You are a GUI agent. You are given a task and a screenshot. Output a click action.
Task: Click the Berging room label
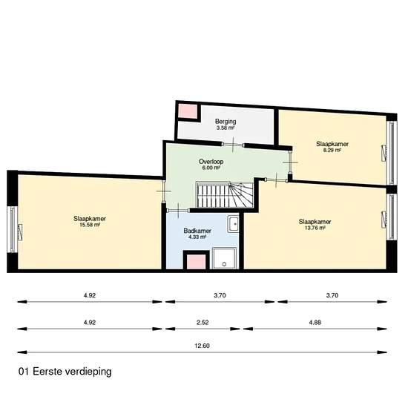226,121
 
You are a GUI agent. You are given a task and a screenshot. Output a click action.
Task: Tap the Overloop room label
211,161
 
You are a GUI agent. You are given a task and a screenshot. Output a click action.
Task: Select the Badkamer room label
197,231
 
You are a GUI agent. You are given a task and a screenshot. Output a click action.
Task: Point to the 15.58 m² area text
90,225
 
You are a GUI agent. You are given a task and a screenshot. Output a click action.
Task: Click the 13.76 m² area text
315,228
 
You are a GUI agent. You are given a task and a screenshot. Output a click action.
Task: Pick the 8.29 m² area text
332,150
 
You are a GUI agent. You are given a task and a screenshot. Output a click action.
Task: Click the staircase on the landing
225,194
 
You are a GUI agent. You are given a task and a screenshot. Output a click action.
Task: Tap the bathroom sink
234,224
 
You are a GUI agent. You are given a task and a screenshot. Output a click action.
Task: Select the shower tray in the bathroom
224,258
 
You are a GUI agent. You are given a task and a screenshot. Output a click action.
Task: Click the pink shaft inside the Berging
188,111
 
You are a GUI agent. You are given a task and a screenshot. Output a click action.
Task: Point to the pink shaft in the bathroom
197,262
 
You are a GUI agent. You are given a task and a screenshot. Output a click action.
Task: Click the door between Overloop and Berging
233,145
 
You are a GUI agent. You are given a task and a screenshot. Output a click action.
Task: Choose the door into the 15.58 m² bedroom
163,191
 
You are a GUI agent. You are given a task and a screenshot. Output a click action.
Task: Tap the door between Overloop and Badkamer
178,210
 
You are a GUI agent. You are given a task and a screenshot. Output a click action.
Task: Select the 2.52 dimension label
203,322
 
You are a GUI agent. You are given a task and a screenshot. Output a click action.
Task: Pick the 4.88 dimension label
315,322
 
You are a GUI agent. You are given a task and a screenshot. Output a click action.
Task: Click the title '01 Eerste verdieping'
65,372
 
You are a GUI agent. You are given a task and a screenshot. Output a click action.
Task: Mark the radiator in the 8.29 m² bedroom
384,153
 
